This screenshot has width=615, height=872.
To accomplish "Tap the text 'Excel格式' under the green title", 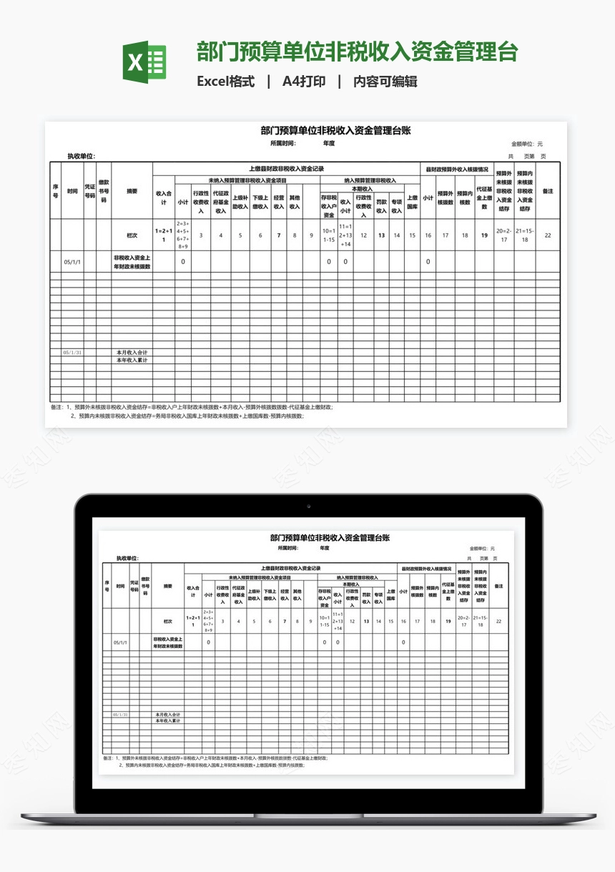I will (226, 82).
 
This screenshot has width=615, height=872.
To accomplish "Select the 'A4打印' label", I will (304, 82).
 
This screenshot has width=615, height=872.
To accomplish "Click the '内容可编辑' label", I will (385, 82).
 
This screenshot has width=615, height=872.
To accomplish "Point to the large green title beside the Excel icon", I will (357, 52).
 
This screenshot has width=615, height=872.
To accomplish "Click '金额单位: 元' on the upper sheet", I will (526, 144).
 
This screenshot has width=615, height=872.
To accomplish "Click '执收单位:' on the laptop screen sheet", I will (127, 558).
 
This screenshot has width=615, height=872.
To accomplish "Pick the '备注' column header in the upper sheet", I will (548, 191).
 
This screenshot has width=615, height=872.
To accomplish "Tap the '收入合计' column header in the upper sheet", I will (164, 197).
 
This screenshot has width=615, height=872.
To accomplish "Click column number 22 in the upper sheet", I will (548, 235).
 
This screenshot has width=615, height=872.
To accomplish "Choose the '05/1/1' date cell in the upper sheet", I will (72, 262).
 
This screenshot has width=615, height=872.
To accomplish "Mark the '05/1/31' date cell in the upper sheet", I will (72, 353).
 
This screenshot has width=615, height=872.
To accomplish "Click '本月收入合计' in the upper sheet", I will (132, 353).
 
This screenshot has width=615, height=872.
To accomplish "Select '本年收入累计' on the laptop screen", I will (168, 720).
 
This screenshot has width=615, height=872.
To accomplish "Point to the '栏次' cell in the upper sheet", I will (132, 235).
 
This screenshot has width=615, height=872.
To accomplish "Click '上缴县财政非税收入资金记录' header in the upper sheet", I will (286, 169).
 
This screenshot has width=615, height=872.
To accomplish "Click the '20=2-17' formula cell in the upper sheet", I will (503, 235).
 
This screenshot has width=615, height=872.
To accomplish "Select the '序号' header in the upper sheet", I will (55, 191).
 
